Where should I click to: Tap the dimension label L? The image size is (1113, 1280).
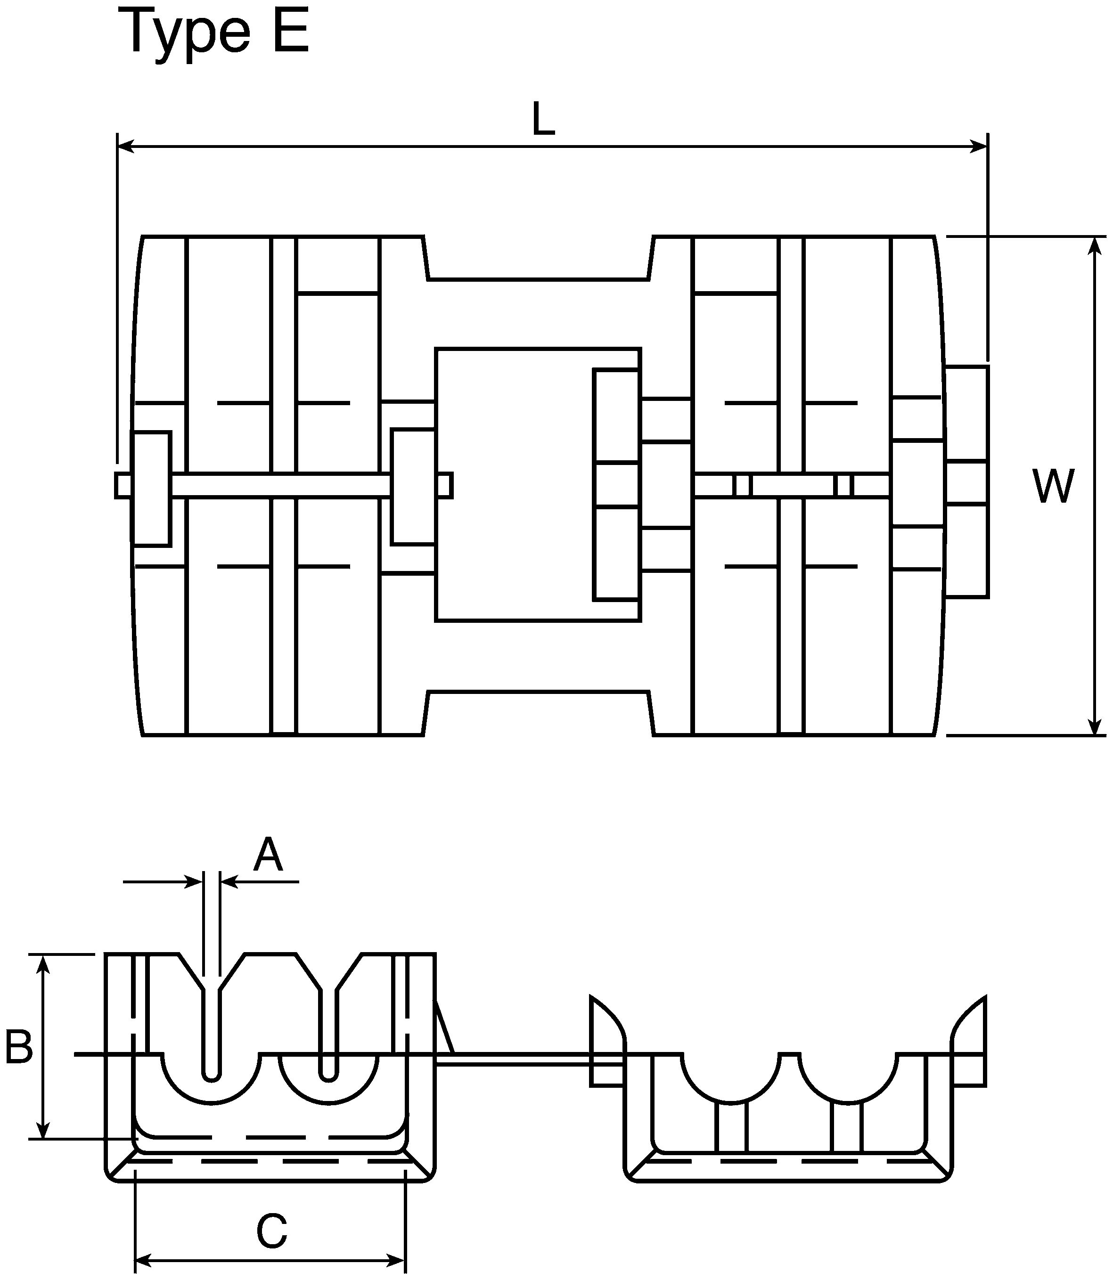tap(543, 119)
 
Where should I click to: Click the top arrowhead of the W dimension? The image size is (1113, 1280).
tap(1096, 246)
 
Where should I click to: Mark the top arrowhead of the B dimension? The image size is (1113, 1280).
tap(43, 963)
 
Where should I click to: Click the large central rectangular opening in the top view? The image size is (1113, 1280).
tap(538, 484)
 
